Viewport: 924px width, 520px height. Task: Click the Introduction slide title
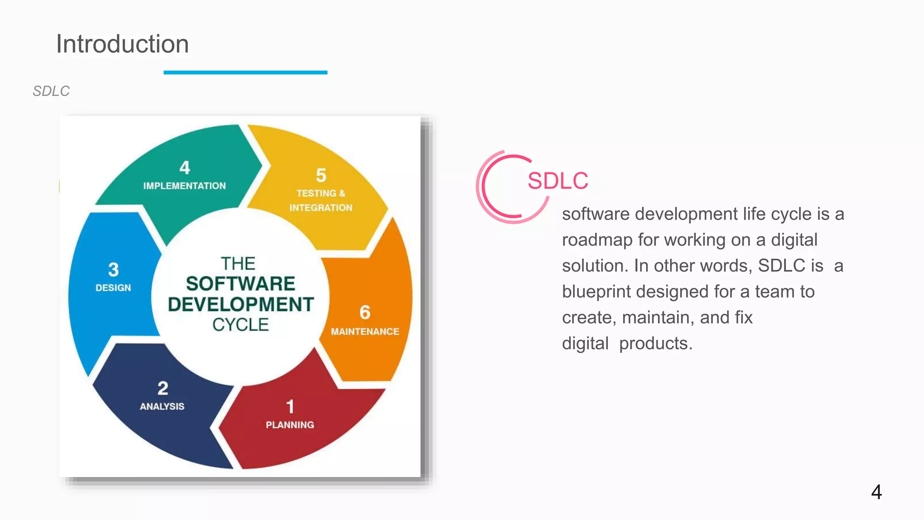(122, 44)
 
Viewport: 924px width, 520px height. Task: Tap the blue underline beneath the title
(245, 72)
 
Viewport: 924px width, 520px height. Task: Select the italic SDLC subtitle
(51, 91)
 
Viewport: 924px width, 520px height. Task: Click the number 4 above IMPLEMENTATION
(185, 168)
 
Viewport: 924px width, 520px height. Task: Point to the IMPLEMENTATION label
(185, 186)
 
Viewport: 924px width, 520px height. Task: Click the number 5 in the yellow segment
(321, 175)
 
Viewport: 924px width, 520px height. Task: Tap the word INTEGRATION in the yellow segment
(321, 208)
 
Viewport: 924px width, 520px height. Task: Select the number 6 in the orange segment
(365, 312)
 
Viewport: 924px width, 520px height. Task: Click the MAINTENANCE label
(365, 332)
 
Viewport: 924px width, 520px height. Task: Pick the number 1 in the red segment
(290, 407)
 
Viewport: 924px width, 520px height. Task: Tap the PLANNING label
(290, 425)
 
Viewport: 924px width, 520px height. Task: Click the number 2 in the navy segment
(163, 388)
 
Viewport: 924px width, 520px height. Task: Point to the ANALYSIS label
(162, 406)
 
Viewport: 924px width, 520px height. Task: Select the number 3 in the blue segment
(113, 270)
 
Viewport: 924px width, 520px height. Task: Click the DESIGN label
(113, 288)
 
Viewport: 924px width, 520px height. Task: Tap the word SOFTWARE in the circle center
(240, 284)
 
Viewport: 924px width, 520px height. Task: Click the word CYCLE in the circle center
(240, 325)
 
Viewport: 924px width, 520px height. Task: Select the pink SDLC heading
(558, 181)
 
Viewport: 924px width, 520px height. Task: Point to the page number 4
(876, 492)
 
